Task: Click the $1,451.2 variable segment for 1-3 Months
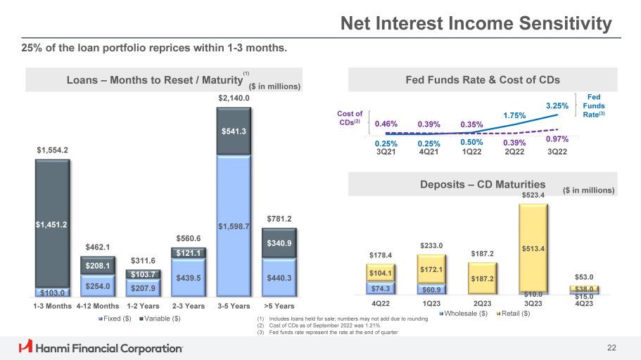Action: pyautogui.click(x=52, y=223)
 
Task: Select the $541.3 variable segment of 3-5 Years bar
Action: pyautogui.click(x=234, y=131)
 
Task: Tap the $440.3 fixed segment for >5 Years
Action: pyautogui.click(x=279, y=278)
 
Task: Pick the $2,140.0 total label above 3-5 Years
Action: pyautogui.click(x=234, y=98)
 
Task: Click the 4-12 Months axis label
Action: pyautogui.click(x=98, y=306)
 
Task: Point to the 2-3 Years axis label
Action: pyautogui.click(x=189, y=306)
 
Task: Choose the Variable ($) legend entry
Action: pyautogui.click(x=160, y=319)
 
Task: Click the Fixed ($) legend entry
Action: pyautogui.click(x=115, y=319)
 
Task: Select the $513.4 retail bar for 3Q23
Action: pyautogui.click(x=533, y=248)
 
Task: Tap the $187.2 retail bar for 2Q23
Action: pyautogui.click(x=483, y=278)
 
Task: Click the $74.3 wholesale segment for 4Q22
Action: pyautogui.click(x=381, y=288)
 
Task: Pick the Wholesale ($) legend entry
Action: pyautogui.click(x=464, y=314)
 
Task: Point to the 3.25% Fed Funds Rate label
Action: pyautogui.click(x=557, y=106)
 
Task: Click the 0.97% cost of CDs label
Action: pyautogui.click(x=557, y=139)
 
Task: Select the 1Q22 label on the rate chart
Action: pyautogui.click(x=471, y=152)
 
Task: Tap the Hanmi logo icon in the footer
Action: pyautogui.click(x=25, y=346)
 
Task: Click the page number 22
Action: pyautogui.click(x=611, y=348)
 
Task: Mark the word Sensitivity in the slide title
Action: pyautogui.click(x=566, y=23)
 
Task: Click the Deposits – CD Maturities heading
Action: pyautogui.click(x=483, y=184)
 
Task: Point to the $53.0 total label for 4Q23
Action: pyautogui.click(x=584, y=277)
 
